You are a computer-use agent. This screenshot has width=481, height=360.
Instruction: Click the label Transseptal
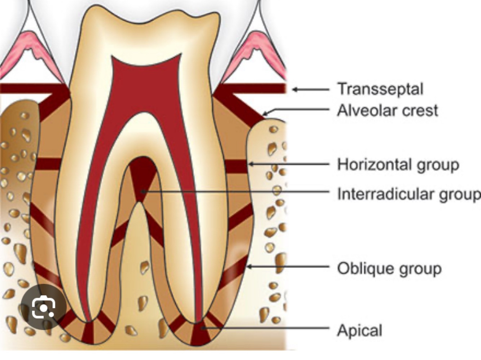tap(380, 89)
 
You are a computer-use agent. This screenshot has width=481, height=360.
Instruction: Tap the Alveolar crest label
tap(388, 110)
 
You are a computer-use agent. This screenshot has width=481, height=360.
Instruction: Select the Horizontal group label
tap(398, 164)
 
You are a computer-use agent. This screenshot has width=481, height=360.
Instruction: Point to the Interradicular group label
tap(409, 194)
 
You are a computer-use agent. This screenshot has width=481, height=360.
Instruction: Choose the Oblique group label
tap(389, 268)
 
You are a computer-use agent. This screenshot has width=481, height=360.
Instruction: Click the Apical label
tap(359, 330)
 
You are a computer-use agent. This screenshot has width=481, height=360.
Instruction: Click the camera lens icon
tap(44, 307)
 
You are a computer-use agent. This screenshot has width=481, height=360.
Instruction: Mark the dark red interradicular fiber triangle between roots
tap(142, 177)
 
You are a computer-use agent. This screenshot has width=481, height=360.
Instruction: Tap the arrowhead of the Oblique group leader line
tap(248, 267)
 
